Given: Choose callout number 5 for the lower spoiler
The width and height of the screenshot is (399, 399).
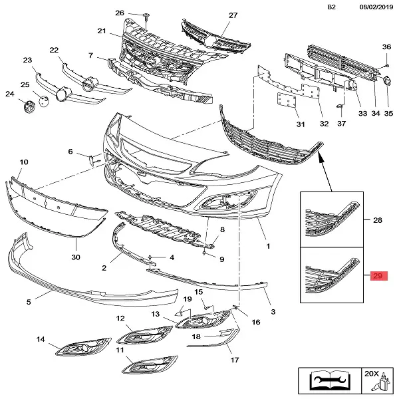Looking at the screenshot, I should pyautogui.click(x=29, y=302).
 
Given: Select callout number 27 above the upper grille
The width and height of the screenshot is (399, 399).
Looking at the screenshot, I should pyautogui.click(x=233, y=15).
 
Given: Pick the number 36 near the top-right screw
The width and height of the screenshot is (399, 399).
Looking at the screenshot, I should pyautogui.click(x=386, y=47).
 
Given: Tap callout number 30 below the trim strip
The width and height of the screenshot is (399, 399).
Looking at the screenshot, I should pyautogui.click(x=75, y=257).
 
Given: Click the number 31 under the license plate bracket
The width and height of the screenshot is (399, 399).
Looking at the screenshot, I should pyautogui.click(x=300, y=124).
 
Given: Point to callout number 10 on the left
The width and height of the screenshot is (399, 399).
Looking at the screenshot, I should pyautogui.click(x=23, y=162).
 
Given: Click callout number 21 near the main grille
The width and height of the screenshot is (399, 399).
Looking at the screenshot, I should pyautogui.click(x=101, y=31).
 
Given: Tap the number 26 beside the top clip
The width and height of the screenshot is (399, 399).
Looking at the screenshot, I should pyautogui.click(x=120, y=13).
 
